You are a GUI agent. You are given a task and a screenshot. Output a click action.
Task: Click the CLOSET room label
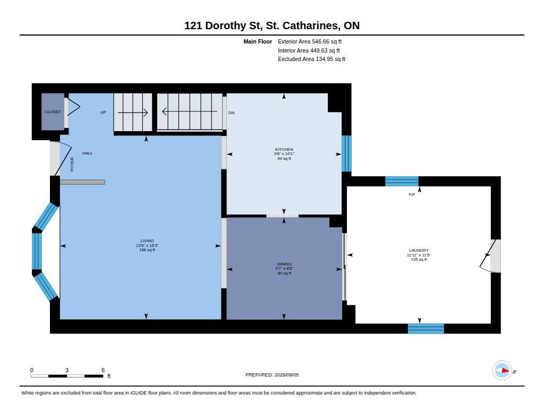coord(53,112)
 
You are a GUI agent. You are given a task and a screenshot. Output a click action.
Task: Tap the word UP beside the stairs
coord(104,113)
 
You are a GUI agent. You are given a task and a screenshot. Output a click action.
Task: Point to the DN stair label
coord(232,113)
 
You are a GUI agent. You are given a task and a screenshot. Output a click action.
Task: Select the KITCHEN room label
coord(284,150)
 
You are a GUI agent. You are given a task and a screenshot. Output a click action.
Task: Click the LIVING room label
coord(147,241)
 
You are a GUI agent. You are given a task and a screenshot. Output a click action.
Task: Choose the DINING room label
coord(285,264)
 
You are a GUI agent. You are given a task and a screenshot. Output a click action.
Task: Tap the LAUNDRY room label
coord(419,250)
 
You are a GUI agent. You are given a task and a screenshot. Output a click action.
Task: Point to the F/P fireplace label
coord(412,194)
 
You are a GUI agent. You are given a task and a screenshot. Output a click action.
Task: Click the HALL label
coord(88,153)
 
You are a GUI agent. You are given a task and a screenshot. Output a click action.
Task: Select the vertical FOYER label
coord(72,165)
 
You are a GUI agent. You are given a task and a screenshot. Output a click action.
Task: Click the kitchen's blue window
coord(346,153)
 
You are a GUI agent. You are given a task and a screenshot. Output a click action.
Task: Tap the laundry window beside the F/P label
coord(402,182)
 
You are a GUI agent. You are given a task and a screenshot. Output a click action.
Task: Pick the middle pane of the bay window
coord(37,251)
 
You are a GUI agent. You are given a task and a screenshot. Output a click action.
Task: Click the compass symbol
coord(503,371)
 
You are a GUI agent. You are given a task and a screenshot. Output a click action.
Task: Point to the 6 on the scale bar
coord(103,370)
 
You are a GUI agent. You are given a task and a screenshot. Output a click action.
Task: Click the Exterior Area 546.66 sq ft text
coord(310,41)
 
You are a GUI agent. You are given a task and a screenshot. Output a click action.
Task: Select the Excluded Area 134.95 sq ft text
coord(311,59)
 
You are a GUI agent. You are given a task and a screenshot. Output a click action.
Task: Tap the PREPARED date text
coord(272,375)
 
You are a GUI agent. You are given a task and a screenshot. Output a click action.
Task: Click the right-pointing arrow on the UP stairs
coord(133,113)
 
